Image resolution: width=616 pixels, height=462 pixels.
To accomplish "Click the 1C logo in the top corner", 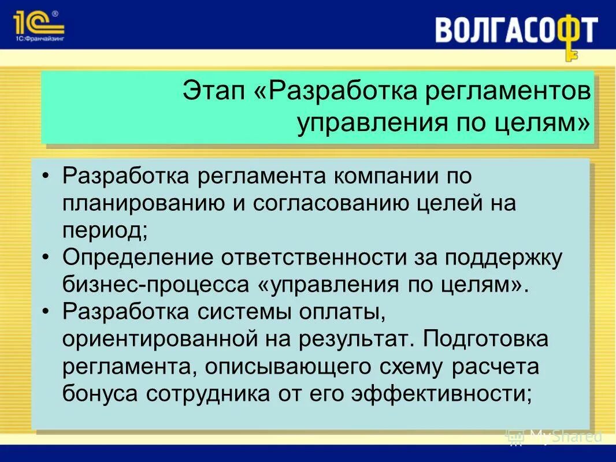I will point(38,23).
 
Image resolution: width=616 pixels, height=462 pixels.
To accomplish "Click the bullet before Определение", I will point(46,258).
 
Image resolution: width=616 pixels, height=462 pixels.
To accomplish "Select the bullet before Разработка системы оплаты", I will point(46,312).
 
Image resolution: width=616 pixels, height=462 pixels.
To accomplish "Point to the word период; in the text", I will point(105,231).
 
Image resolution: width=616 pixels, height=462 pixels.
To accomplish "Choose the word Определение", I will point(138,258).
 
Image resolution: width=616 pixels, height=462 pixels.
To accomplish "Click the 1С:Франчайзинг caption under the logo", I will point(38,39).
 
